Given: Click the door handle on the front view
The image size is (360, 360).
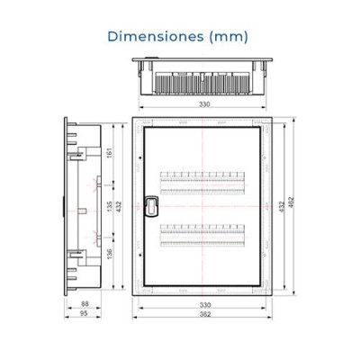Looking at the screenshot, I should pos(150,208).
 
